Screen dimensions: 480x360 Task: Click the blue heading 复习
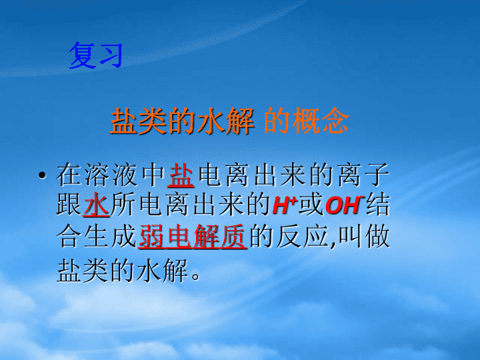click(x=96, y=55)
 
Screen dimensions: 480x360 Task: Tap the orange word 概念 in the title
click(x=321, y=121)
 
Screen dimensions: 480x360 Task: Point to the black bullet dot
click(x=42, y=175)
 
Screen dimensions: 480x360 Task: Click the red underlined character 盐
click(x=181, y=175)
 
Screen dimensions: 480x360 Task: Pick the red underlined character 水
click(x=96, y=205)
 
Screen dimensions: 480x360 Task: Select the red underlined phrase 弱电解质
click(x=193, y=236)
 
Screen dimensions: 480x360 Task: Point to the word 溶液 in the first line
click(x=111, y=175)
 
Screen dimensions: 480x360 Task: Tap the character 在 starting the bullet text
click(x=69, y=175)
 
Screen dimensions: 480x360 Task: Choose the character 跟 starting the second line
click(x=69, y=205)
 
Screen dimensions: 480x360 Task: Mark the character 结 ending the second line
click(x=378, y=205)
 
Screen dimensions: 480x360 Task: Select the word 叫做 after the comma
click(x=364, y=236)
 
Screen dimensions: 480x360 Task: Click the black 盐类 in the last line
click(x=83, y=270)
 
